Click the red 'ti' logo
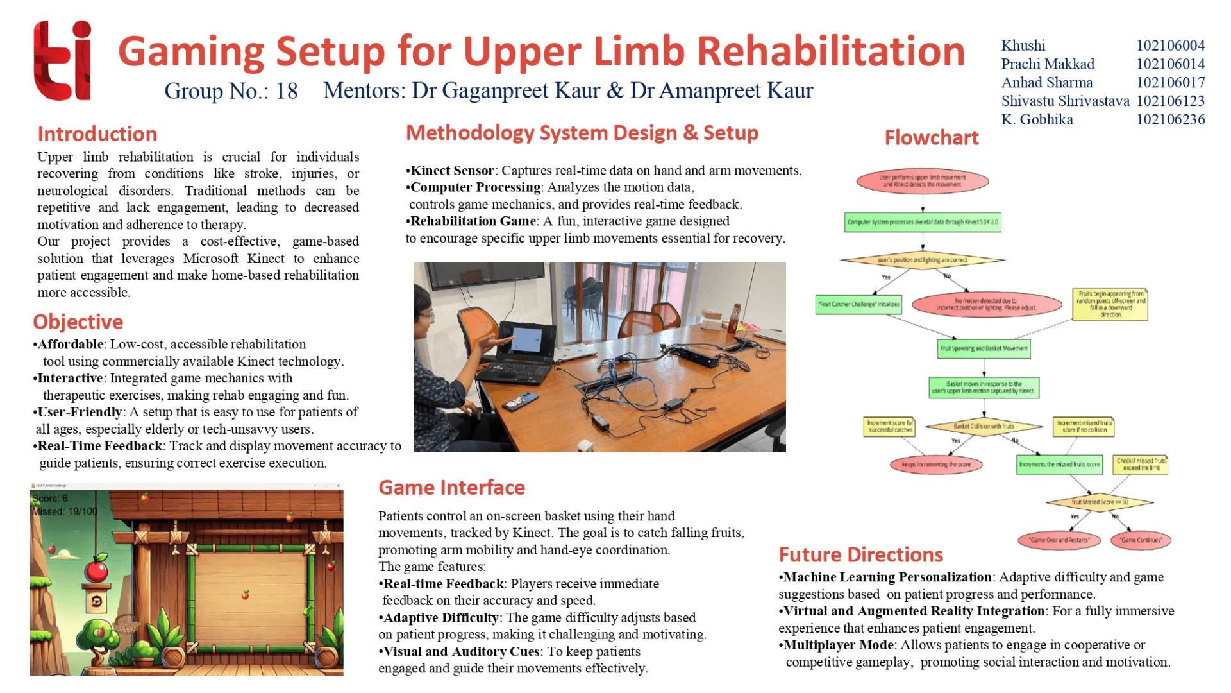pos(62,61)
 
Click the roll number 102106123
pos(1170,101)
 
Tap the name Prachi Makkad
pos(1048,64)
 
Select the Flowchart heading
pos(931,138)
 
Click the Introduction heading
pos(97,134)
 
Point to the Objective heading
pos(78,322)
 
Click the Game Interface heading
pos(451,488)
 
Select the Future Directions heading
pos(860,555)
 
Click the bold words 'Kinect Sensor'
pos(452,171)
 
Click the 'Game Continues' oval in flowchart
pos(1141,540)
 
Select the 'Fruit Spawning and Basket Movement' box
pos(984,349)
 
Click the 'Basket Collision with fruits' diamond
pos(984,426)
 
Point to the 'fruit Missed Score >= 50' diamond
pos(1100,502)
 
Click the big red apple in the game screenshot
pos(97,569)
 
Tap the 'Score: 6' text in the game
pos(50,499)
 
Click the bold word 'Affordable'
pos(71,345)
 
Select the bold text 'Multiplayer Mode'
pos(839,646)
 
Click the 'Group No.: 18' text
pos(231,91)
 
